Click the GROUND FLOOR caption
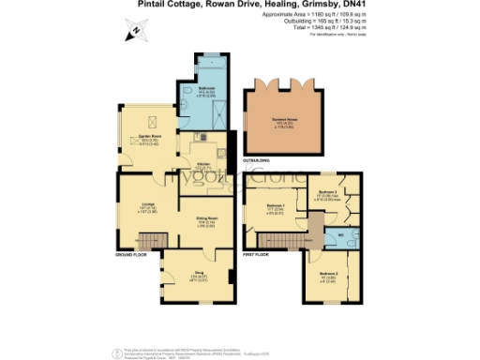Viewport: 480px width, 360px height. tap(131, 254)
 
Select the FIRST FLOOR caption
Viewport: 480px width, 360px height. tap(257, 254)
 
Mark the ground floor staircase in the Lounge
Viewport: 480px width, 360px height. tap(155, 239)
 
